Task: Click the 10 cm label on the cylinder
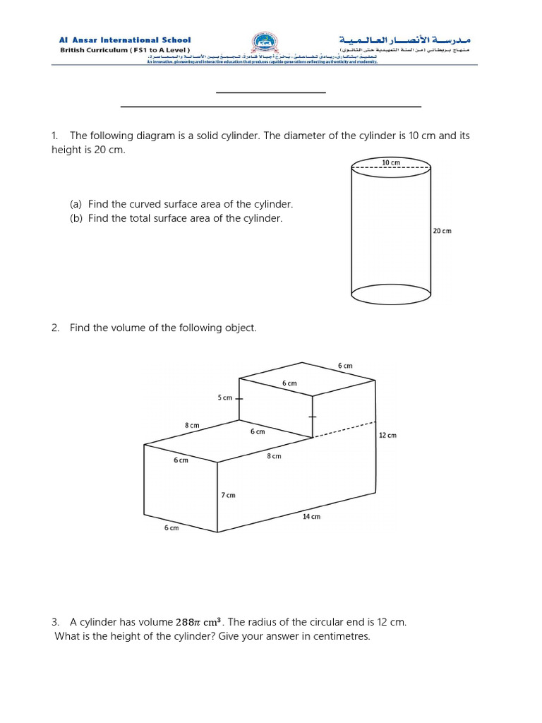coord(390,162)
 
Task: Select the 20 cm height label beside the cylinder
coord(442,231)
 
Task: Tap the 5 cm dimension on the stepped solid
coord(224,398)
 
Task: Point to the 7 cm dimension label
coord(228,495)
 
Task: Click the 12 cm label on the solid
coord(387,435)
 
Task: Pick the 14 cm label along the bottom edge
coord(311,516)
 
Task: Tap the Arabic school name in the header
coord(408,40)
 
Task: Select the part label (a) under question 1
coord(76,204)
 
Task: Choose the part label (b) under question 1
coord(76,218)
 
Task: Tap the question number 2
coord(54,328)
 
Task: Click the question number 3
coord(54,622)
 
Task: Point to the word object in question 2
coord(240,328)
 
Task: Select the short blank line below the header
coord(270,92)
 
